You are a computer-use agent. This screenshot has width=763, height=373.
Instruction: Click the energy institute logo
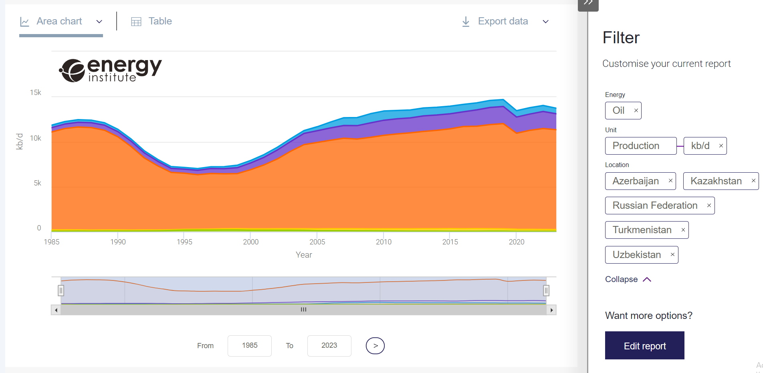pos(111,70)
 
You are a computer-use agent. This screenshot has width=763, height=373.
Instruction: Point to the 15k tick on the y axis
pos(36,93)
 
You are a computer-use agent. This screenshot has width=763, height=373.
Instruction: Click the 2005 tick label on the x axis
pos(317,242)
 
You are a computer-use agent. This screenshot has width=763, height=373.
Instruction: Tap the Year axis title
pos(304,255)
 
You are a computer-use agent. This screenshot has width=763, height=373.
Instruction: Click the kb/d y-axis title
pos(19,141)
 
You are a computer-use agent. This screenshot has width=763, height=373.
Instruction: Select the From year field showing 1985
pos(249,345)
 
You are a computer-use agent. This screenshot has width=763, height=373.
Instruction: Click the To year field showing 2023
pos(329,345)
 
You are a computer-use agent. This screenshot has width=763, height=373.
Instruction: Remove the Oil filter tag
pos(636,111)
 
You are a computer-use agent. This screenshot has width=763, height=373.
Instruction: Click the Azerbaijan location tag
pos(636,181)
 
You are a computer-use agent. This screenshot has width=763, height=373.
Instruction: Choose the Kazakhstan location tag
pos(716,181)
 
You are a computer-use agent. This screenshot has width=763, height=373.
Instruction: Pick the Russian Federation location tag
pos(655,206)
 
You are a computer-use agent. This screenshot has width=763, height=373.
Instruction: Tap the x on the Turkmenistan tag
pos(683,230)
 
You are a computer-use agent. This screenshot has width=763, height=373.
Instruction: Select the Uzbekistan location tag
pos(636,255)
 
